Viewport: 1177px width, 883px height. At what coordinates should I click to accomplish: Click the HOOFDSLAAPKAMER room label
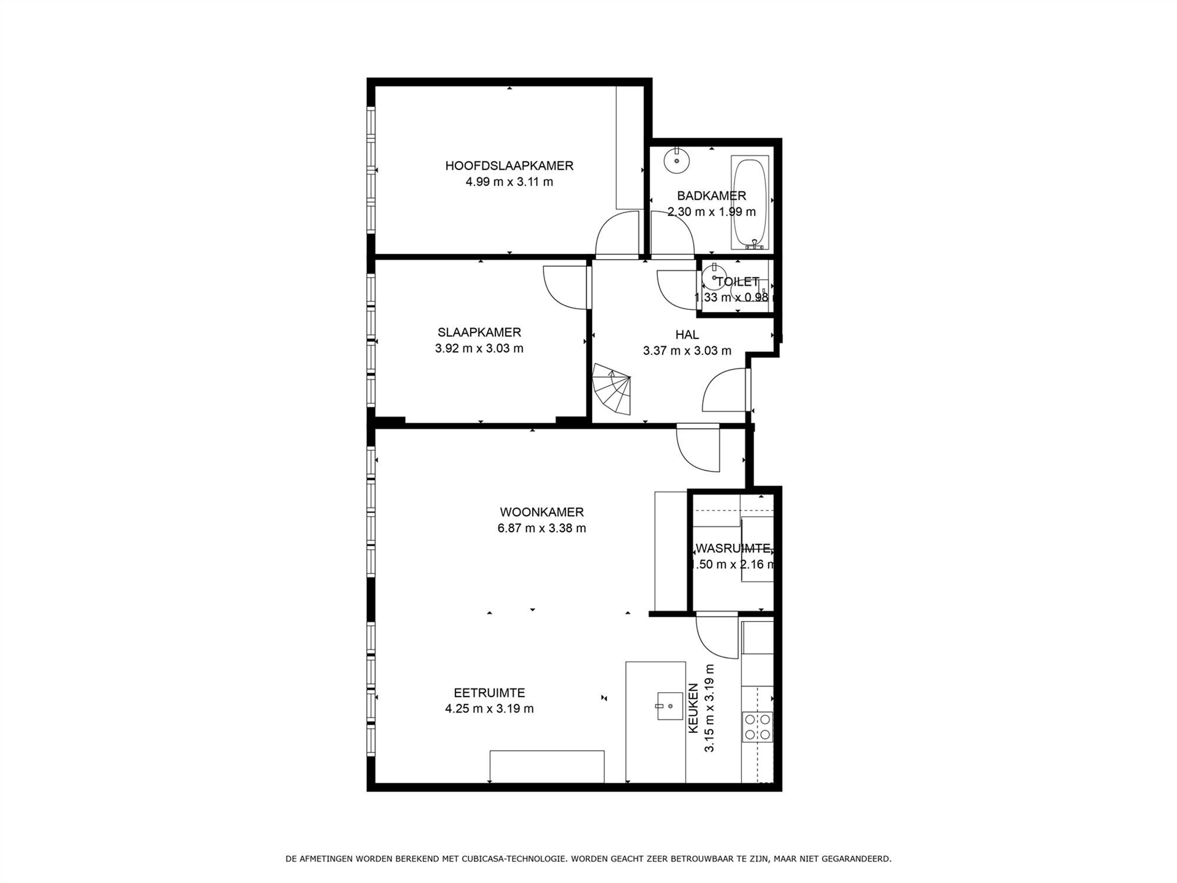tap(509, 166)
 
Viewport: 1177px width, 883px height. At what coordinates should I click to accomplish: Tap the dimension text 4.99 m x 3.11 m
tap(509, 182)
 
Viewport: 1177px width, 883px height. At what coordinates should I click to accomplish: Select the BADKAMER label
tap(711, 195)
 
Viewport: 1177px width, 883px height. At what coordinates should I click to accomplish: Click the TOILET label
tap(737, 282)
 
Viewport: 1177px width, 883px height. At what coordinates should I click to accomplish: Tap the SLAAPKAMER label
tap(479, 333)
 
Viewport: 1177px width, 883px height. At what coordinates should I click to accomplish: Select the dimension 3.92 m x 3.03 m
tap(479, 348)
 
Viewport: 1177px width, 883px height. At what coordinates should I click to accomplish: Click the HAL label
tap(687, 335)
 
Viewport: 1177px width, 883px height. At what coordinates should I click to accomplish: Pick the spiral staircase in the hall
tap(612, 389)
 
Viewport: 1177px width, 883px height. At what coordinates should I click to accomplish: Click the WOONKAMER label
tap(541, 512)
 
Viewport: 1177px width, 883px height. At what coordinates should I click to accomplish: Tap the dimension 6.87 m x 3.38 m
tap(541, 528)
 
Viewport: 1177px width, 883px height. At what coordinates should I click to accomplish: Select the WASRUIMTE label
tap(733, 549)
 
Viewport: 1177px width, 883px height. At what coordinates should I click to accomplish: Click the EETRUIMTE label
tap(489, 693)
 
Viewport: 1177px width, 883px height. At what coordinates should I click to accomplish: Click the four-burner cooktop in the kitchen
tap(757, 726)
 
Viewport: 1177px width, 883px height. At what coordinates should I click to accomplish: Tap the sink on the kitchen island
tap(670, 706)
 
